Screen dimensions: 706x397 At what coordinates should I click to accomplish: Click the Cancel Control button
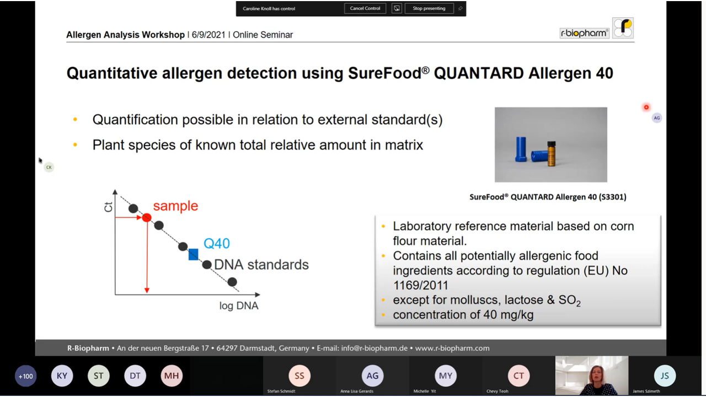(365, 8)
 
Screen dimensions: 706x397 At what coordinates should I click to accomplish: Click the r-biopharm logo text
(584, 33)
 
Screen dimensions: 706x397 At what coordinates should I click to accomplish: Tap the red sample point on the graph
(147, 217)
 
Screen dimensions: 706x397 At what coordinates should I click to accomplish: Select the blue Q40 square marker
(193, 254)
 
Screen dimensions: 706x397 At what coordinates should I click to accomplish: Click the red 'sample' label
(175, 206)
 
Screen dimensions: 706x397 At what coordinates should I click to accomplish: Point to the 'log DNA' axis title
(239, 305)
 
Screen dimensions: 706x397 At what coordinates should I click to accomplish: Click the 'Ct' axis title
(108, 207)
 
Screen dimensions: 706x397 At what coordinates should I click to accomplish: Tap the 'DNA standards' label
(261, 265)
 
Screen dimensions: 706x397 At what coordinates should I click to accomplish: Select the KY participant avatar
(62, 375)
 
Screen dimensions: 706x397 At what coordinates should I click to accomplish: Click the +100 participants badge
(25, 376)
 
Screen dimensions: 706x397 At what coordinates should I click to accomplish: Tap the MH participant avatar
(172, 375)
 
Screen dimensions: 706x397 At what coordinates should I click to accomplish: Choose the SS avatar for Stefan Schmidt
(299, 375)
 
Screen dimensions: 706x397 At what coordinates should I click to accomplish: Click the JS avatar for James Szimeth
(665, 375)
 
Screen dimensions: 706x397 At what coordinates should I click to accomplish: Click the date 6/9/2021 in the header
(208, 35)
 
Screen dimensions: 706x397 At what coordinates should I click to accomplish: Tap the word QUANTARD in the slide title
(479, 73)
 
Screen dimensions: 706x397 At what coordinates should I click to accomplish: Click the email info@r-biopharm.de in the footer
(375, 348)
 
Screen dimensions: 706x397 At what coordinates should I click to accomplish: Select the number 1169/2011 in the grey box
(420, 286)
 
